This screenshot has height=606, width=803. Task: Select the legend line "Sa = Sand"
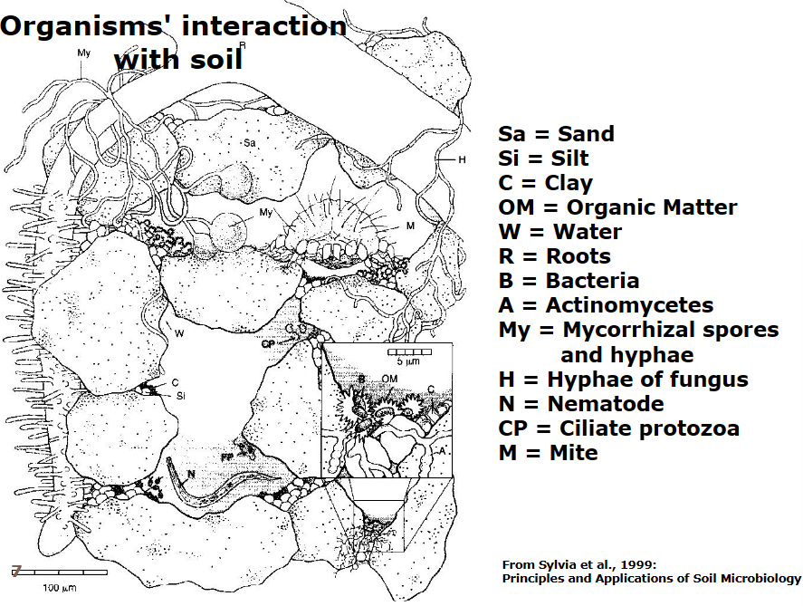click(556, 134)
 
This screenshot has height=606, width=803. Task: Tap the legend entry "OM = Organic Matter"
click(617, 207)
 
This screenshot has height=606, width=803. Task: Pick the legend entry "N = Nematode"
click(581, 403)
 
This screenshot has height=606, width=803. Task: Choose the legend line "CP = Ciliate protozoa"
click(618, 428)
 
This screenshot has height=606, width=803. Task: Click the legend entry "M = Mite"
click(548, 452)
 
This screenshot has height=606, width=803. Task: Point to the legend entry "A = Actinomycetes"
click(606, 305)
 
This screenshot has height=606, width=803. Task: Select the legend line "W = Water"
click(559, 232)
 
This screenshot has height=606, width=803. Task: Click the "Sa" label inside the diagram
click(249, 142)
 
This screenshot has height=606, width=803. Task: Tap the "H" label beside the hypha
click(462, 160)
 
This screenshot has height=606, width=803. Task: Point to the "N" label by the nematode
click(192, 473)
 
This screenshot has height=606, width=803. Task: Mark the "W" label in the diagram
click(180, 334)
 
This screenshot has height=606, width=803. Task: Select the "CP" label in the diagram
click(267, 344)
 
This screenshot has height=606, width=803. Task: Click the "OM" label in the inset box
click(389, 377)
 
